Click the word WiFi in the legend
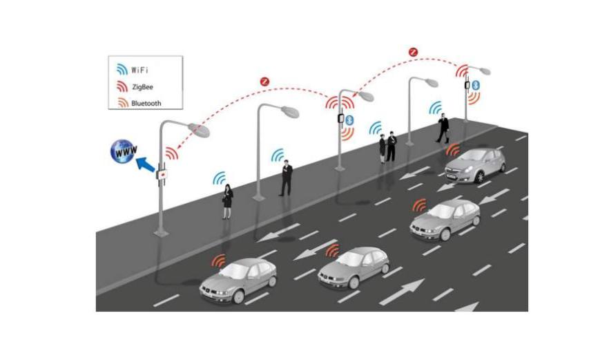[x=141, y=70]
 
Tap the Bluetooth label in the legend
[x=146, y=103]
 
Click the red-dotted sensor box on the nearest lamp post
[x=164, y=176]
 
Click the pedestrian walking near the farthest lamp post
[x=442, y=129]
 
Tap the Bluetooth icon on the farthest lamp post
[x=476, y=84]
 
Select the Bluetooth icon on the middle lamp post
[x=349, y=120]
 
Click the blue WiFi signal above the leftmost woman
[x=220, y=178]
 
